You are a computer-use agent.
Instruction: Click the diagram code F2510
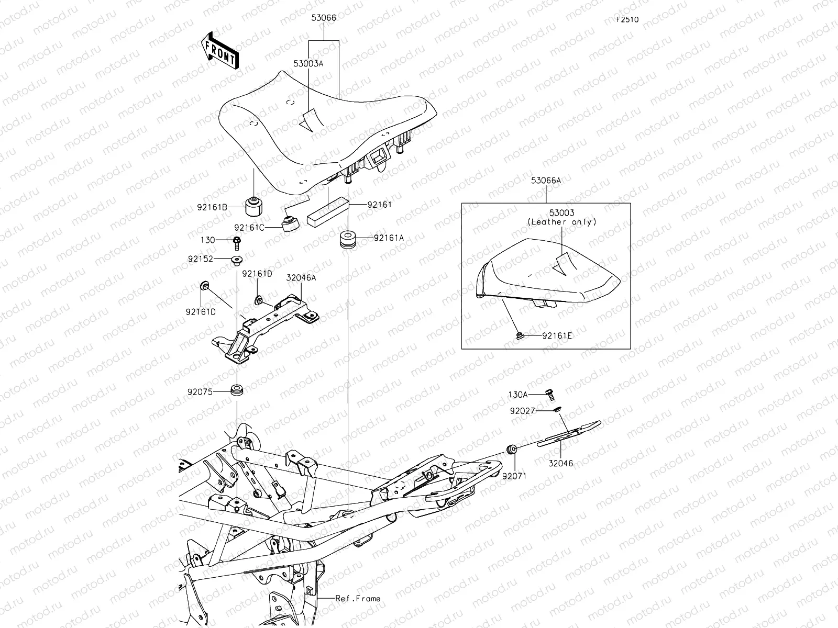point(627,20)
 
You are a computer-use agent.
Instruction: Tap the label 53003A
point(308,63)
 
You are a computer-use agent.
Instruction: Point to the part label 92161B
point(212,207)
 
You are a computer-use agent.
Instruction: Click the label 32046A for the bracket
point(301,278)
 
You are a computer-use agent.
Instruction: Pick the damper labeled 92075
point(237,391)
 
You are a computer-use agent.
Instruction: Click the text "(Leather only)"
point(562,222)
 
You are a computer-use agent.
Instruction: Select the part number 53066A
point(546,181)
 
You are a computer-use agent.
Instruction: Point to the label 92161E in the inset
point(557,335)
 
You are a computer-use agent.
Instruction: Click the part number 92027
point(523,411)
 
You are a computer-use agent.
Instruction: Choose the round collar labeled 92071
point(512,449)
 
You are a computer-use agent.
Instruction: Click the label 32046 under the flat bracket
point(560,463)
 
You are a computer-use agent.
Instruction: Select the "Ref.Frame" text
point(358,598)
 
